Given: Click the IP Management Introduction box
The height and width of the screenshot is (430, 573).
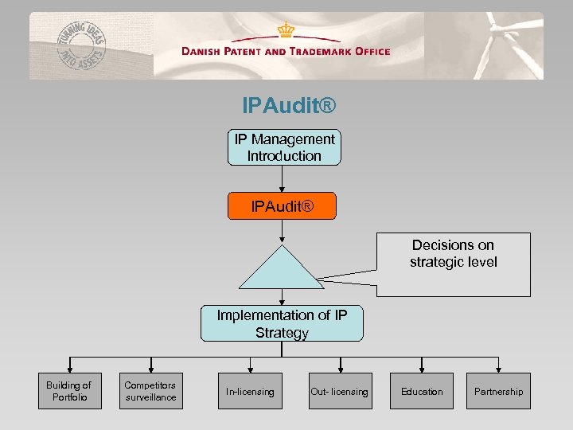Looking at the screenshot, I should pos(284,147).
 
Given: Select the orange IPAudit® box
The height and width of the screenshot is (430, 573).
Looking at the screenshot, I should pos(283,207).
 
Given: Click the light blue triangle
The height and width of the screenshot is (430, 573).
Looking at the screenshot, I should pos(282,271).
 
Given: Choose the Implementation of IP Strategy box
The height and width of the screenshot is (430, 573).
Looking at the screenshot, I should pos(282,323).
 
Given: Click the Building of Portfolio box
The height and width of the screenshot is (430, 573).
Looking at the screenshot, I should pos(70,391).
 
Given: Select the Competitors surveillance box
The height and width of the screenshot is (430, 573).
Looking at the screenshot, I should pos(150,391).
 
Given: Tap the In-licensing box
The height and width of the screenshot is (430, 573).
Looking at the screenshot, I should pos(250,391).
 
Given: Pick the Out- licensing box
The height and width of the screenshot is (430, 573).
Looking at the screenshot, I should pos(340,391).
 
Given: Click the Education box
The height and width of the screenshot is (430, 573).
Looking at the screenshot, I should pos(422,391).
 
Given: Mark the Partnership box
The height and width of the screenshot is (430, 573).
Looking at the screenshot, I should pos(498,391).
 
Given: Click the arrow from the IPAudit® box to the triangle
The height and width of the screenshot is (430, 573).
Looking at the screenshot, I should pos(283,231).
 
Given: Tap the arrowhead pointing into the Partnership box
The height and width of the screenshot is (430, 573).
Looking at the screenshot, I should pos(499,369).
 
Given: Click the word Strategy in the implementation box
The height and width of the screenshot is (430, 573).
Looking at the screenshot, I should pos(282,333).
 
